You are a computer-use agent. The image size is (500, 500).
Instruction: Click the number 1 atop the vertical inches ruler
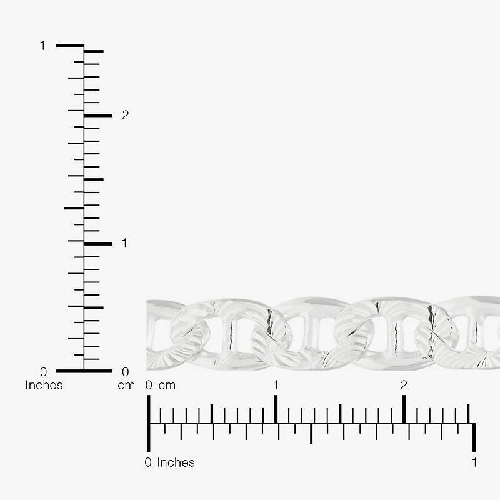click(x=42, y=46)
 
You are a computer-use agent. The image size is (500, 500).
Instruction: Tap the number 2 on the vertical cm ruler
click(x=126, y=115)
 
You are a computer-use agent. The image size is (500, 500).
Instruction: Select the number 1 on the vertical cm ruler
click(x=124, y=243)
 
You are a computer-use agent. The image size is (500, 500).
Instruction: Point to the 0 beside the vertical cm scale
click(x=126, y=372)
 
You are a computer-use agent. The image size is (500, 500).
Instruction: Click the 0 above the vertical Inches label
click(x=43, y=372)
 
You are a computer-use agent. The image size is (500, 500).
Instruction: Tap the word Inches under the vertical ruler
click(x=44, y=385)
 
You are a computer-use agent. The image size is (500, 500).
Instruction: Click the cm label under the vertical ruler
click(x=126, y=386)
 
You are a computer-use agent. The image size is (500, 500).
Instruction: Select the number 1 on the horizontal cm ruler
click(x=276, y=385)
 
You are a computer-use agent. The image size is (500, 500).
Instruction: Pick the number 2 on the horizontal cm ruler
click(x=404, y=385)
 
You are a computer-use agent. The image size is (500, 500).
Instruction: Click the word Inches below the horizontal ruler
click(x=176, y=462)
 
